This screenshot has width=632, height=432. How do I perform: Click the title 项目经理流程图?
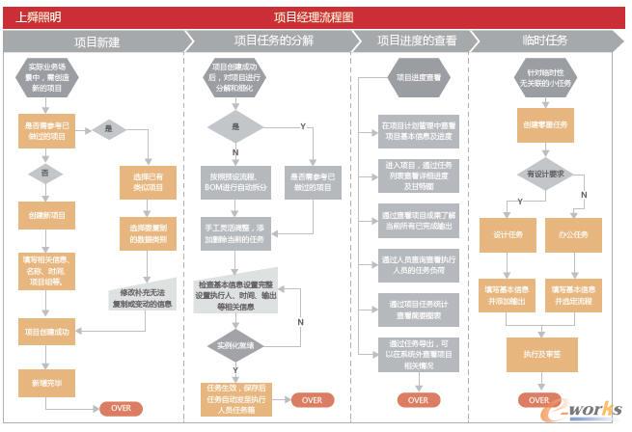click(314, 17)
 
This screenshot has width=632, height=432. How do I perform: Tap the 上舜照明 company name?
click(39, 17)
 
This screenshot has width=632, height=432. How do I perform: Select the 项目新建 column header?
click(97, 41)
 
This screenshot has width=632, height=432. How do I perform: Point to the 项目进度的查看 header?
click(416, 41)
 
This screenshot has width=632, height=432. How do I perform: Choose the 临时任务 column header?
click(544, 41)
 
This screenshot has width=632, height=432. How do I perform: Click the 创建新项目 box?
click(45, 216)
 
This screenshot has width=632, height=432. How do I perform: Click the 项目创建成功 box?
click(45, 332)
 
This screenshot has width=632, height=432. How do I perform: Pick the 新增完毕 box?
click(45, 382)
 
